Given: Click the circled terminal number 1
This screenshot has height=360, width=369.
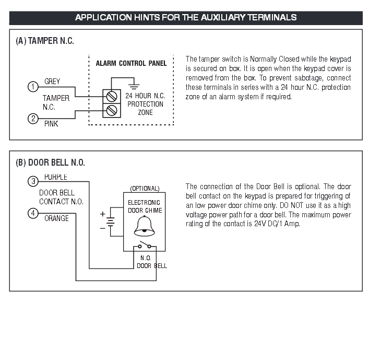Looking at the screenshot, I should pyautogui.click(x=33, y=87).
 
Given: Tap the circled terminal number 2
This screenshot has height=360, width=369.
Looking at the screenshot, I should pyautogui.click(x=33, y=119).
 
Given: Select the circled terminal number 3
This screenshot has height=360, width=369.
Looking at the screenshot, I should pyautogui.click(x=33, y=181).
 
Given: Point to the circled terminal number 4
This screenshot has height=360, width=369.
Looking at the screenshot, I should pyautogui.click(x=33, y=213).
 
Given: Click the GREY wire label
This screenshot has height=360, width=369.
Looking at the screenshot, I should pyautogui.click(x=52, y=82).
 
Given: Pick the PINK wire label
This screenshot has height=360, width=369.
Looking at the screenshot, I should pyautogui.click(x=51, y=124).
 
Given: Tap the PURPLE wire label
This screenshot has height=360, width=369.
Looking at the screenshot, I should pyautogui.click(x=55, y=177).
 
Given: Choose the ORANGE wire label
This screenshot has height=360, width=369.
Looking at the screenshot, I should pyautogui.click(x=56, y=218).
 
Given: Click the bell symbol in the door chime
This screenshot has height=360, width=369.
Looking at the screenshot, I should pyautogui.click(x=145, y=225).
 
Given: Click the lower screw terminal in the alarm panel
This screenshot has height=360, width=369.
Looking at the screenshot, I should pyautogui.click(x=111, y=110).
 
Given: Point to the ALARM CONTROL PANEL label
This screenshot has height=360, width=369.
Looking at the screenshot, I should pyautogui.click(x=131, y=64).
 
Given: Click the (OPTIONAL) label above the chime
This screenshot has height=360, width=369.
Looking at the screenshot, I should pyautogui.click(x=145, y=188).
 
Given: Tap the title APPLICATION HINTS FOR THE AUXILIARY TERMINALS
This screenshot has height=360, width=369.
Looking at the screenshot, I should pyautogui.click(x=186, y=17).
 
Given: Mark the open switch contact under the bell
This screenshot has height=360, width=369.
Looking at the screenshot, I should pyautogui.click(x=145, y=246).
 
